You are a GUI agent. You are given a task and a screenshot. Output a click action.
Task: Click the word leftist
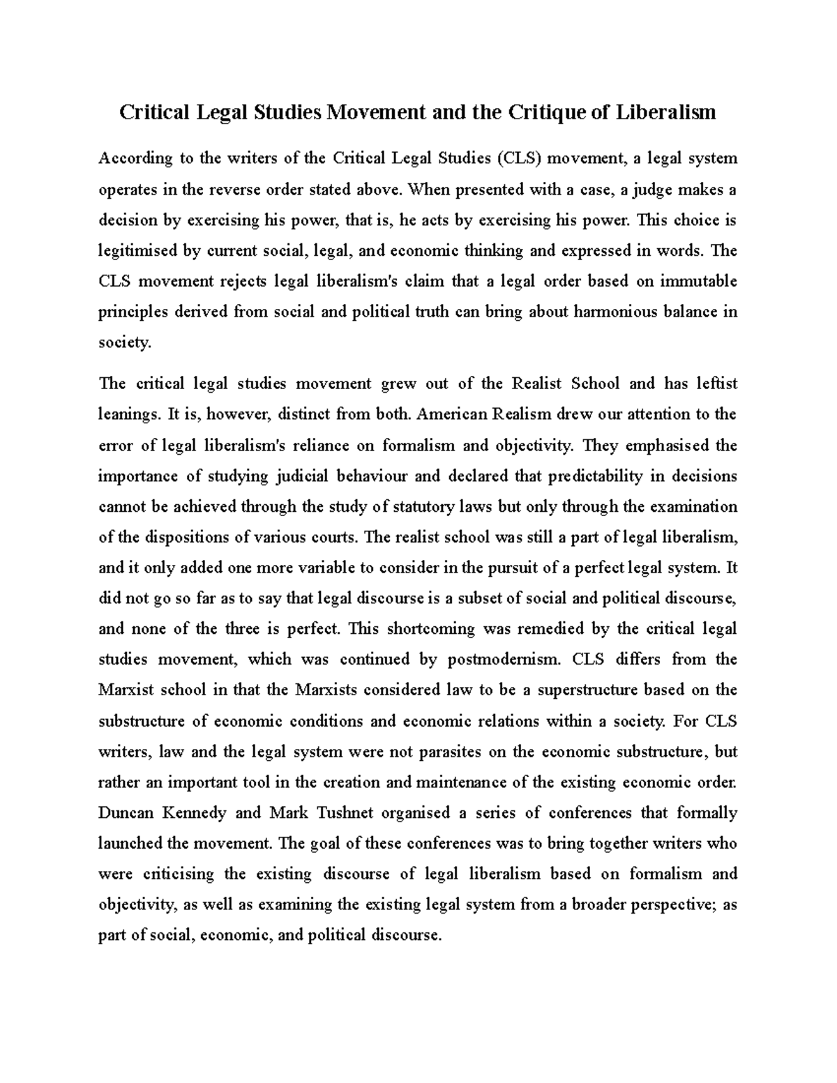click(711, 384)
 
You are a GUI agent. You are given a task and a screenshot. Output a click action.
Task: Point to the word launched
click(129, 844)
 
